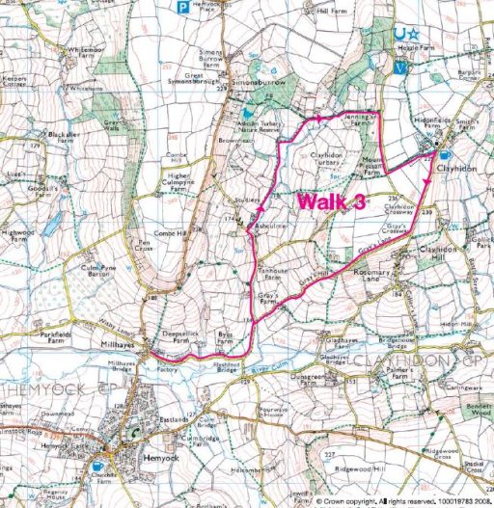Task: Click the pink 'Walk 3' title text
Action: tap(331, 202)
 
